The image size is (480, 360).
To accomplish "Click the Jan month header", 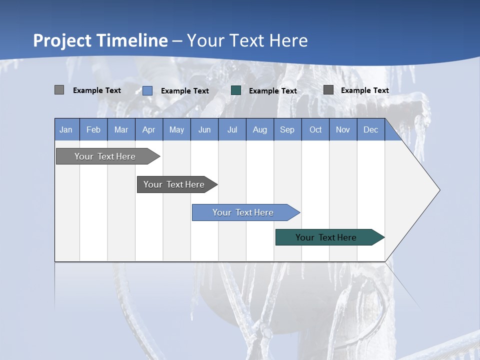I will click(x=66, y=129).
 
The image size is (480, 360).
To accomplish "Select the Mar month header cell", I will click(x=121, y=129).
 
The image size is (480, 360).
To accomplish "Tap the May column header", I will click(x=176, y=129).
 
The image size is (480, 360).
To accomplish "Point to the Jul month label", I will click(x=232, y=129).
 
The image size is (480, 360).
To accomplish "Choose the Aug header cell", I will click(x=259, y=129).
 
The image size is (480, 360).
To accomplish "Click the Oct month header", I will click(x=315, y=129).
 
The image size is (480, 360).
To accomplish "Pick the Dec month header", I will click(x=370, y=129).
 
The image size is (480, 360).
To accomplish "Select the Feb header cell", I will click(x=93, y=129).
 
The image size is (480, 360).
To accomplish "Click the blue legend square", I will click(x=147, y=90).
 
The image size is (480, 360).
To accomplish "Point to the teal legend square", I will click(x=236, y=90).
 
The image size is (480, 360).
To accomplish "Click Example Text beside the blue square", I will click(x=184, y=91).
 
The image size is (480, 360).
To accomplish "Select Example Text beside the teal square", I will click(x=272, y=91).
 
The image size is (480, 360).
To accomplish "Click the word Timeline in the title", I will click(x=132, y=40).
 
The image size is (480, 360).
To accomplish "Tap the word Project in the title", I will click(x=62, y=40).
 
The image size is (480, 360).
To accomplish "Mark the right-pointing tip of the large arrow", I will click(x=438, y=190).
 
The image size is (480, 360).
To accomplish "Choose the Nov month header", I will click(x=342, y=129).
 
